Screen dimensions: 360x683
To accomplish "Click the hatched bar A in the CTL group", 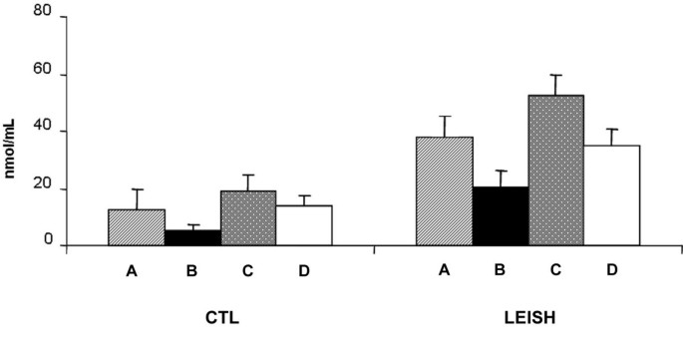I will (x=137, y=227).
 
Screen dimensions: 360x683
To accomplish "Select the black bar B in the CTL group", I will (x=192, y=237).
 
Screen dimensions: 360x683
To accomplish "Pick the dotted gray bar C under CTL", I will (x=248, y=218).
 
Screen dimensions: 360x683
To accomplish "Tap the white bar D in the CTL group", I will (x=304, y=225).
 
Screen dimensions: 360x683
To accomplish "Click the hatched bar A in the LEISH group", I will (x=445, y=191).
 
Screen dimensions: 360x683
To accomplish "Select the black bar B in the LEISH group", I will (x=501, y=215).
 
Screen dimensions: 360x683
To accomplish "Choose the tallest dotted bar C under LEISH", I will (x=555, y=171).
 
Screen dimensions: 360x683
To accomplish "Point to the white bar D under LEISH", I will (x=611, y=195).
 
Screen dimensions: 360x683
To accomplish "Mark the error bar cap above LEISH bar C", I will (x=555, y=75).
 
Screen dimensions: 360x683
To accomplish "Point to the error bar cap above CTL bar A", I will (x=137, y=189).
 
